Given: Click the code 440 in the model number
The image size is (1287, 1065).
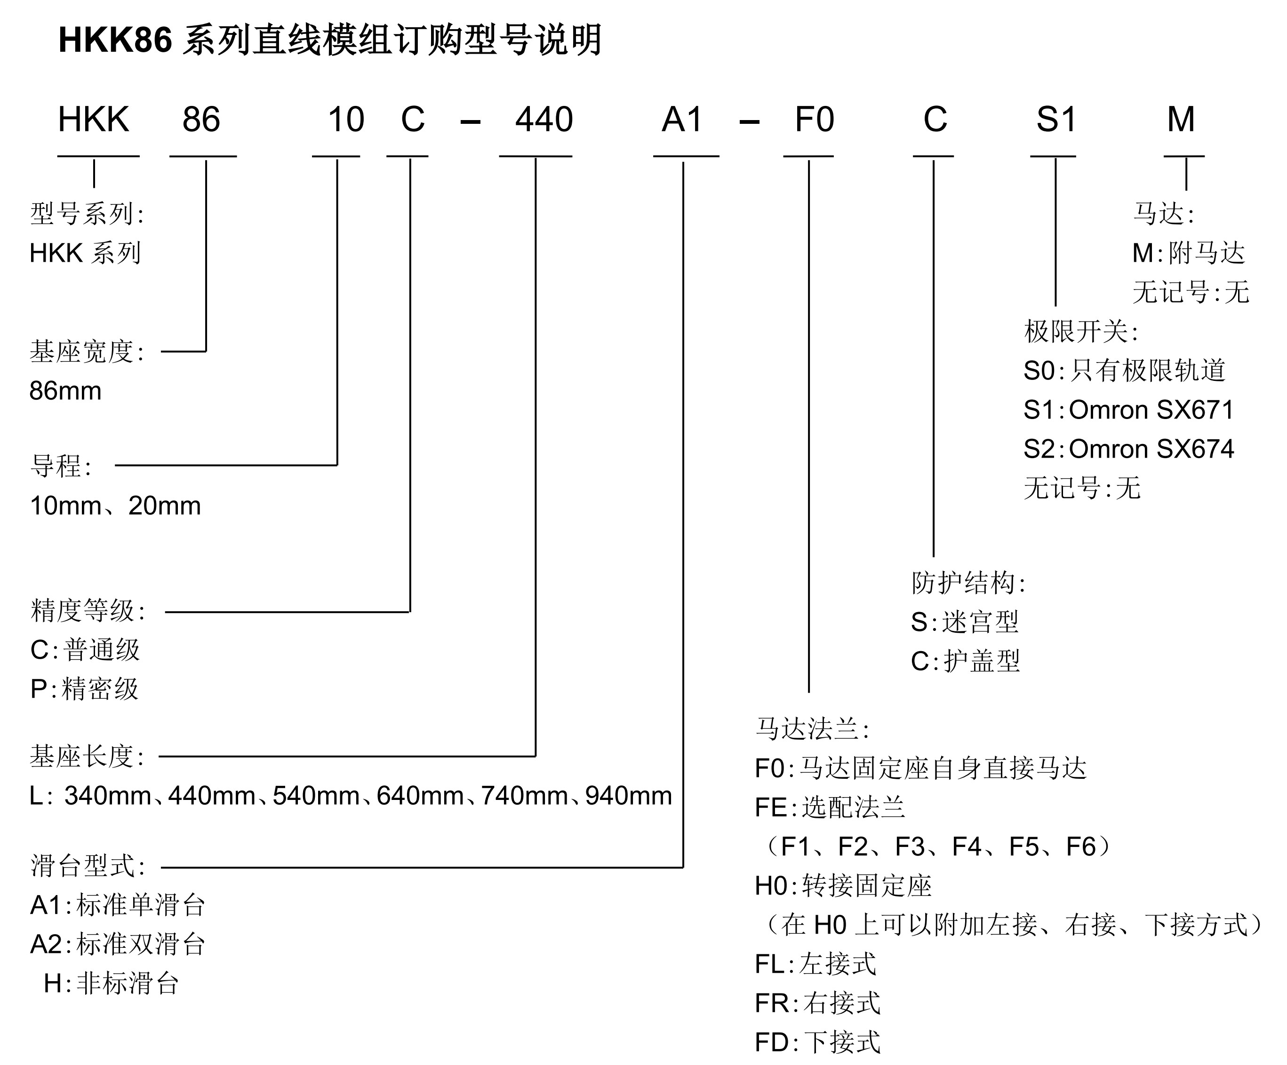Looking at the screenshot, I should [544, 119].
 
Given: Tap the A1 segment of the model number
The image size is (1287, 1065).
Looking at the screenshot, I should [681, 119].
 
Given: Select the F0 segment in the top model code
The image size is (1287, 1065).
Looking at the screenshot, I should [814, 119].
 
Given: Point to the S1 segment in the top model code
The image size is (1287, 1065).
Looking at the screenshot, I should [1055, 119].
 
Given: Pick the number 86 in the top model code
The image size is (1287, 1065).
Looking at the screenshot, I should [201, 119].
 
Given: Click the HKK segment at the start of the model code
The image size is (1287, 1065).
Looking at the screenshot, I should [93, 119].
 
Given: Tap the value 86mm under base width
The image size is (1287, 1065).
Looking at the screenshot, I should [65, 391].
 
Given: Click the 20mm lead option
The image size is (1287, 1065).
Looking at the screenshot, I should [164, 506].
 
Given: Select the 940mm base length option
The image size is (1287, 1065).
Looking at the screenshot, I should [628, 796].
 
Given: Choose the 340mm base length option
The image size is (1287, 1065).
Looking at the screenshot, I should [108, 796].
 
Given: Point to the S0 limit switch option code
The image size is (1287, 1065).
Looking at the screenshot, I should [1039, 371].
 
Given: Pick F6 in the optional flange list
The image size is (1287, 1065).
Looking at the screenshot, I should [1080, 847].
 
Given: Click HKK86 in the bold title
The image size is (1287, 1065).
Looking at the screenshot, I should [115, 40].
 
